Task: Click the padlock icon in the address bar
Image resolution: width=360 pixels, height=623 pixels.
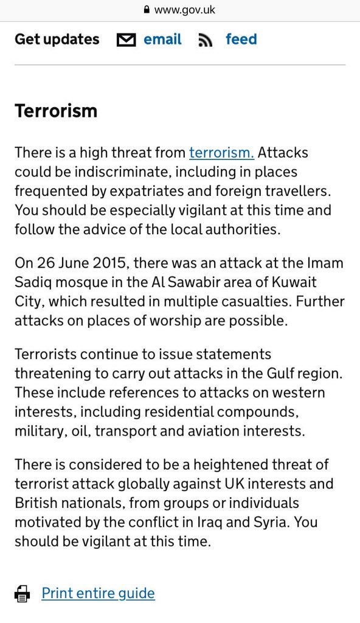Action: [147, 10]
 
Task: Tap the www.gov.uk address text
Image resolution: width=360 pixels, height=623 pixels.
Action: [185, 10]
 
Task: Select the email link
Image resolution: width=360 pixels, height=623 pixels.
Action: [162, 40]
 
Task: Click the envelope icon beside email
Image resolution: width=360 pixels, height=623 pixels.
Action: [126, 40]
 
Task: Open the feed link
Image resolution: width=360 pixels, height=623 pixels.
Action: [241, 40]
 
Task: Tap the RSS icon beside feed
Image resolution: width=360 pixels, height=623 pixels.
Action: [205, 41]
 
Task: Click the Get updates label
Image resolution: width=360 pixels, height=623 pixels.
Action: [57, 40]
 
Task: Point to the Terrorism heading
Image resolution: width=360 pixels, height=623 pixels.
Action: [56, 111]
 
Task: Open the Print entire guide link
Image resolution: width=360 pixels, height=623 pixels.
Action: [99, 593]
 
